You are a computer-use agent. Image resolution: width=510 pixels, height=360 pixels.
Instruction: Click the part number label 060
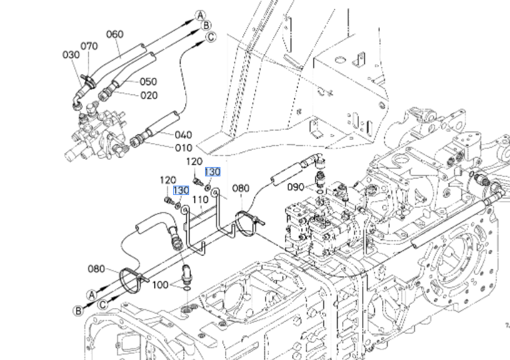click(115, 34)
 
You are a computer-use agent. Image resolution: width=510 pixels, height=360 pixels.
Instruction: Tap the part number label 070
click(89, 46)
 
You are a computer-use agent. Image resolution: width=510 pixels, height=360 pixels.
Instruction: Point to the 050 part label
click(148, 82)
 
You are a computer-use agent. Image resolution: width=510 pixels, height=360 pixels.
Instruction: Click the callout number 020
click(148, 95)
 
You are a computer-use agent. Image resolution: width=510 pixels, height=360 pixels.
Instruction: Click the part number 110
click(200, 200)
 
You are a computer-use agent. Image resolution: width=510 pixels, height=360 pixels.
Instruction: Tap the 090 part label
click(296, 187)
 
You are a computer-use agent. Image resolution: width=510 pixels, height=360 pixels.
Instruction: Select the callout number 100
click(160, 285)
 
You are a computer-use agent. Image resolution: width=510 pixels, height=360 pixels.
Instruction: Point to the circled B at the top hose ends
click(206, 26)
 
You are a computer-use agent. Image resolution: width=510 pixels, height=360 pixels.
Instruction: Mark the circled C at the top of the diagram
click(210, 37)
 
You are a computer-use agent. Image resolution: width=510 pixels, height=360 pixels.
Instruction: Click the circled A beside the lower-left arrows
click(93, 292)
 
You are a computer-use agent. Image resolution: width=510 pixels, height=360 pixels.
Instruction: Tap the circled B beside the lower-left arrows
click(78, 310)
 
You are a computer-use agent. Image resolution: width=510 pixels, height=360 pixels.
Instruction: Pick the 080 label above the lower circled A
click(97, 269)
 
